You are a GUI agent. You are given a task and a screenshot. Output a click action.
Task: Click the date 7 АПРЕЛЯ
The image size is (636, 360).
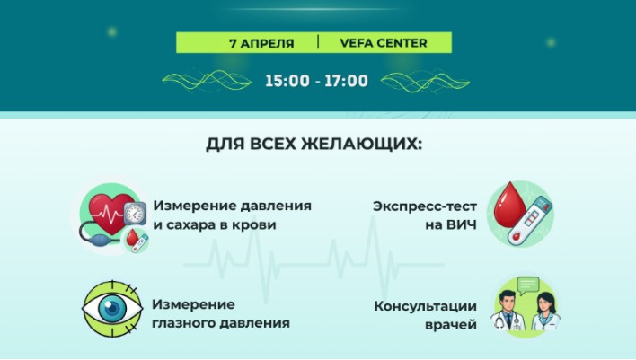point(261,42)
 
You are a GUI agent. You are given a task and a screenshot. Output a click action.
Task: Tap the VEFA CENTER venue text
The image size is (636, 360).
point(383,42)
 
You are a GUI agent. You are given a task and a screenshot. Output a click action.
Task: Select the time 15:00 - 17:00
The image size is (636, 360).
point(316,81)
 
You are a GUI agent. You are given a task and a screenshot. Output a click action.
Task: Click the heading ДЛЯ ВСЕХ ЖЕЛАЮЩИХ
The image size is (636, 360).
point(314,144)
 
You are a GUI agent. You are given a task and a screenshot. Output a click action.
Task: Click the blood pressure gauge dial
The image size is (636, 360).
point(136,214)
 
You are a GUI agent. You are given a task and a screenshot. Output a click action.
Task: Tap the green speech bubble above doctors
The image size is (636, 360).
point(528,285)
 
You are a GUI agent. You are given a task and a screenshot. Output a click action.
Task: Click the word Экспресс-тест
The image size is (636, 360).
point(425,206)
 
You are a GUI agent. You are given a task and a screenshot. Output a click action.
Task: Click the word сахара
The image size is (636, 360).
point(191,224)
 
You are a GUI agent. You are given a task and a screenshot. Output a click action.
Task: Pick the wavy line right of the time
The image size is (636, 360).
point(413,81)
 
